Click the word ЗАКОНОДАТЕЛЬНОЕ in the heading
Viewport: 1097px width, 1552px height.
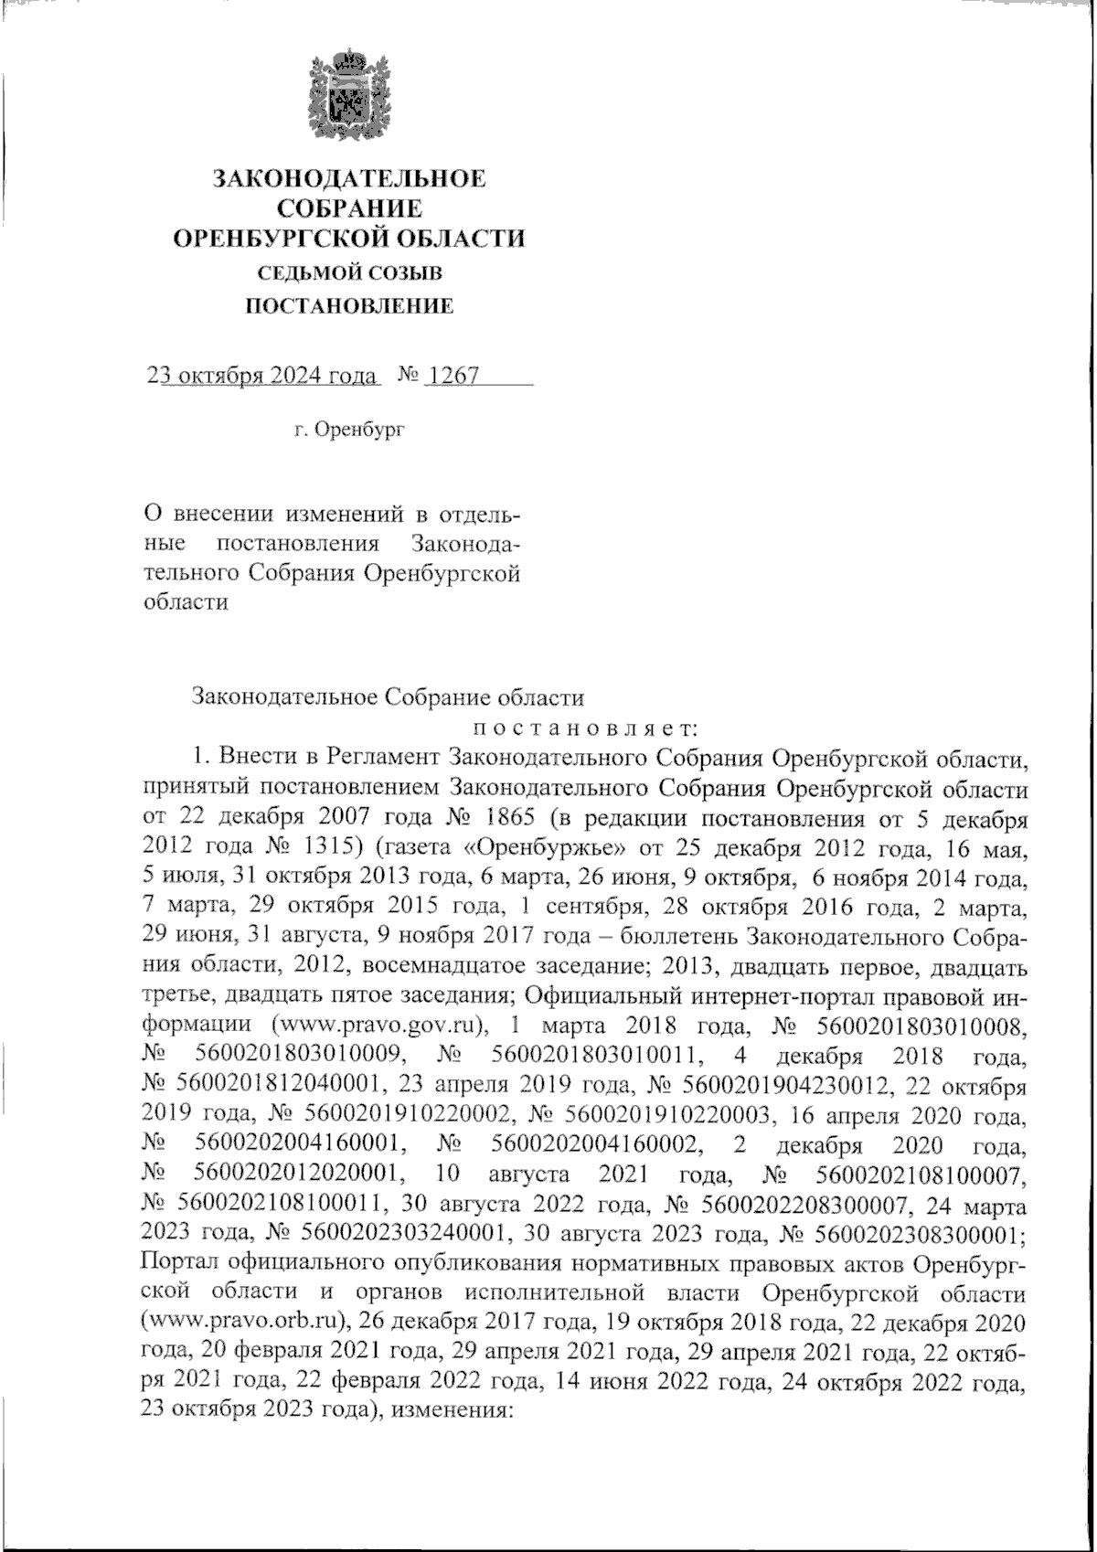[x=349, y=177]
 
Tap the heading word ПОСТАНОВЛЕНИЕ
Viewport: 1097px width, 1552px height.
[x=351, y=306]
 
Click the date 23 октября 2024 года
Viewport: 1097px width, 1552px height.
[x=262, y=377]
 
